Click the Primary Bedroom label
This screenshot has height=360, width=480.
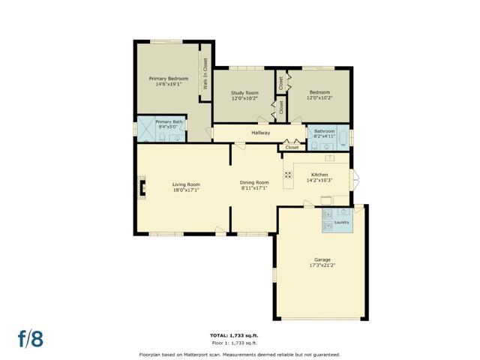(x=168, y=79)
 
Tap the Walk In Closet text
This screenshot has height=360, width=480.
(x=205, y=73)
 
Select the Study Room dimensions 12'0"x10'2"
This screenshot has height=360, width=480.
(x=244, y=98)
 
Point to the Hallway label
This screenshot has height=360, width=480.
(x=260, y=133)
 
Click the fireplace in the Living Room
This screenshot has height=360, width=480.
(x=142, y=187)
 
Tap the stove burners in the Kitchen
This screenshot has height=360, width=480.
(x=288, y=175)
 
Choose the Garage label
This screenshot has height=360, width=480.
(x=322, y=260)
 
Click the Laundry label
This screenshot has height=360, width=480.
(x=342, y=222)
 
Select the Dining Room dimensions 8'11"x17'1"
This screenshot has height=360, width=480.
(x=254, y=188)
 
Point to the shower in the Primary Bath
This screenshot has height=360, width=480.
(x=146, y=129)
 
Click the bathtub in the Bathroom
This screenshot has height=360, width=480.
(x=343, y=138)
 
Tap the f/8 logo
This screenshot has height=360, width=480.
(x=31, y=338)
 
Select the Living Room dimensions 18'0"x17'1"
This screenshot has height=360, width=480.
(x=186, y=190)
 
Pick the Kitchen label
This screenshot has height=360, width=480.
(x=319, y=175)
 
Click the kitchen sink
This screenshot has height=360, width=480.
(x=330, y=158)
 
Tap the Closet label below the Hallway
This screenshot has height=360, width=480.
(x=292, y=148)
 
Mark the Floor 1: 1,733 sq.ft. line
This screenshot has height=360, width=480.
(x=234, y=343)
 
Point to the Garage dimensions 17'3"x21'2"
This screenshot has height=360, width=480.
(x=322, y=265)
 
